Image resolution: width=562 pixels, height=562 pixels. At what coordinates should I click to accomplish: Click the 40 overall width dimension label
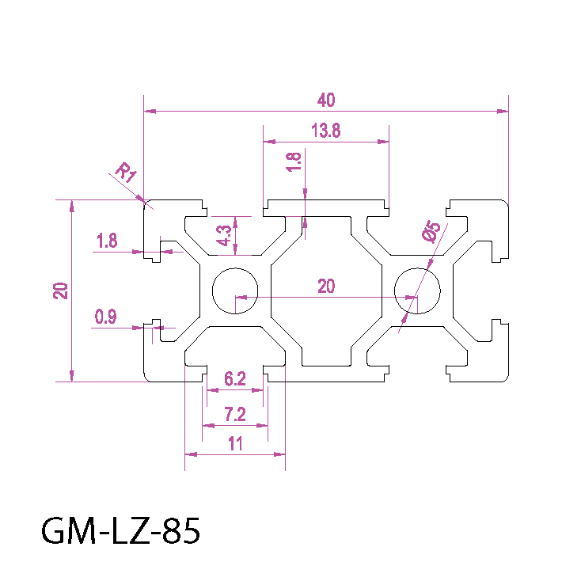326,100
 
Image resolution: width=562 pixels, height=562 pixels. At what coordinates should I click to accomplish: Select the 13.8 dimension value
325,131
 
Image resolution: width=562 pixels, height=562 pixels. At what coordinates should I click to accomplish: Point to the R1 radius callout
125,173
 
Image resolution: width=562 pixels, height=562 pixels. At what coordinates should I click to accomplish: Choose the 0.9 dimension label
106,318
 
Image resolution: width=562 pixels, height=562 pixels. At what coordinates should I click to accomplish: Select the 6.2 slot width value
234,379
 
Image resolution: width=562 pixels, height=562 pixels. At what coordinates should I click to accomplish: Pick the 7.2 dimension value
235,414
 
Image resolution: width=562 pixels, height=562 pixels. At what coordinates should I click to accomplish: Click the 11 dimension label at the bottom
235,444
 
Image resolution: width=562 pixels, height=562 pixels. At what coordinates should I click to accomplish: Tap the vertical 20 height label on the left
60,290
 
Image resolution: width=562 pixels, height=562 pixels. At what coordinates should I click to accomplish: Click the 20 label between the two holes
326,287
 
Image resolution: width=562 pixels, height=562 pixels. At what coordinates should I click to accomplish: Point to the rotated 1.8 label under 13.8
294,161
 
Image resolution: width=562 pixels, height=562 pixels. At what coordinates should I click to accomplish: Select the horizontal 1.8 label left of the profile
107,241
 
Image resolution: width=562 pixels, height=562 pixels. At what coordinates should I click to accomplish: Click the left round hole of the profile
235,290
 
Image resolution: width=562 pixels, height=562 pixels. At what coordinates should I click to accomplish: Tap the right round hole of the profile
417,290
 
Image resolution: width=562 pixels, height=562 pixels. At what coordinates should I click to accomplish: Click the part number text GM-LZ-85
120,530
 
